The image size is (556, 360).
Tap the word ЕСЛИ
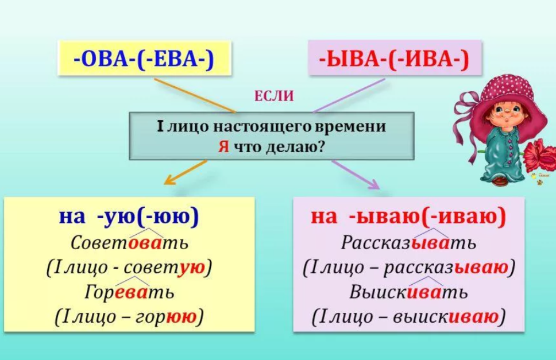274,96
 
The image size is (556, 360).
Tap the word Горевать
130,292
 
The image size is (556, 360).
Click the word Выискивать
408,292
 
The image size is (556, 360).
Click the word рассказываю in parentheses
446,267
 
